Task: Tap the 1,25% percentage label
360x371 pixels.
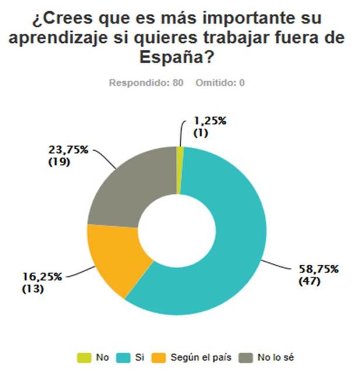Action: coord(211,122)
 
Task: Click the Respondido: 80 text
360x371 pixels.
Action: coord(147,83)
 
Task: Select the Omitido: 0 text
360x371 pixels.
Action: coord(221,83)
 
